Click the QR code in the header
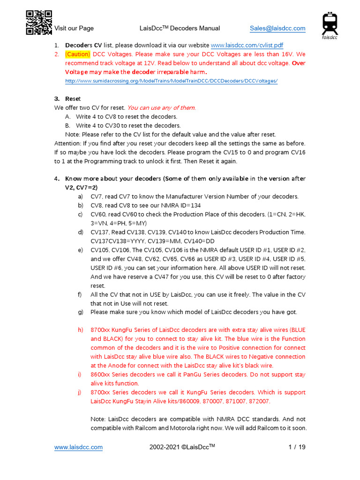pos(38,22)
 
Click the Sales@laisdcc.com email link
pos(277,28)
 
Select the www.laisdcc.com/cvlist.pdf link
pos(247,45)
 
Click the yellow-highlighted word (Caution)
pos(77,54)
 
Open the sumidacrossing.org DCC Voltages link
pos(171,81)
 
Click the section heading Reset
pos(73,99)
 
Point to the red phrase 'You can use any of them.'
pos(161,108)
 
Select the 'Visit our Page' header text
pos(74,28)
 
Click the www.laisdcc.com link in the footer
pos(78,447)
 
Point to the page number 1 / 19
pos(297,447)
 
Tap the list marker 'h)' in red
pos(81,330)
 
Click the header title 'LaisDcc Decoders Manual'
pos(180,28)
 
